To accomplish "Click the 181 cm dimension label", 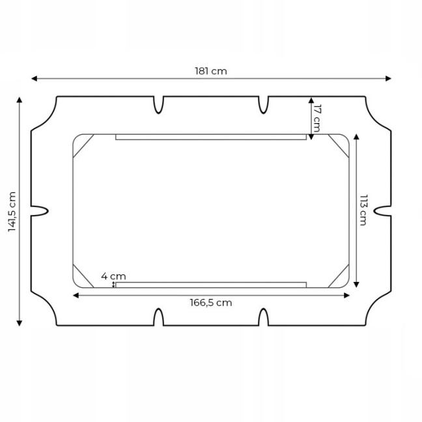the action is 211,71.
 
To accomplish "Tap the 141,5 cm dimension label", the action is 12,212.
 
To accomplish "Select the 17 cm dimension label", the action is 316,118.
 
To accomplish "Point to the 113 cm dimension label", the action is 363,210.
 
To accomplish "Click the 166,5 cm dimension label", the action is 211,303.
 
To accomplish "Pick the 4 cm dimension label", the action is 113,276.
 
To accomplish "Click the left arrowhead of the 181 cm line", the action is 34,79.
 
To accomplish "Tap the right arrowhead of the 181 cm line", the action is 388,79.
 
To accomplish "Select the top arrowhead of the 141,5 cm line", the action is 19,100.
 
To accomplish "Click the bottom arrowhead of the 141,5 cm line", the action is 19,323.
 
